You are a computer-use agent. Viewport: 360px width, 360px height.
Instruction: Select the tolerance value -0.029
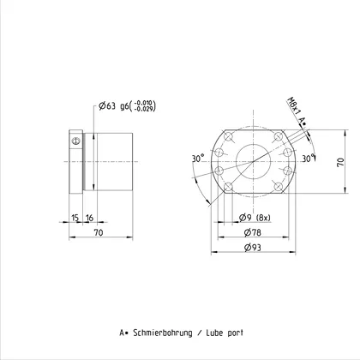[x=144, y=109]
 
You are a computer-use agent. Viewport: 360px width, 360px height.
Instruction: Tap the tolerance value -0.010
[x=144, y=103]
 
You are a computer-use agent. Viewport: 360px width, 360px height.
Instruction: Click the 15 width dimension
[x=75, y=218]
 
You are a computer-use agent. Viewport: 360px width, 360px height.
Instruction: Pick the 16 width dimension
[x=89, y=218]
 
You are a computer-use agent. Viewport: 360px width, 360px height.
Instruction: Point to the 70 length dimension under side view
[x=99, y=232]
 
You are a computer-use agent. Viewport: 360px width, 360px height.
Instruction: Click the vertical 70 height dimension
[x=341, y=162]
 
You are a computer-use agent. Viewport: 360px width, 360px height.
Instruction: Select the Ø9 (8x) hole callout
[x=255, y=218]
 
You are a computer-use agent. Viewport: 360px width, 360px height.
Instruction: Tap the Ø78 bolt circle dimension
[x=253, y=232]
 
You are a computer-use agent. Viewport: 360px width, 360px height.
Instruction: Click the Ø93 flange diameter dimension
[x=253, y=247]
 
